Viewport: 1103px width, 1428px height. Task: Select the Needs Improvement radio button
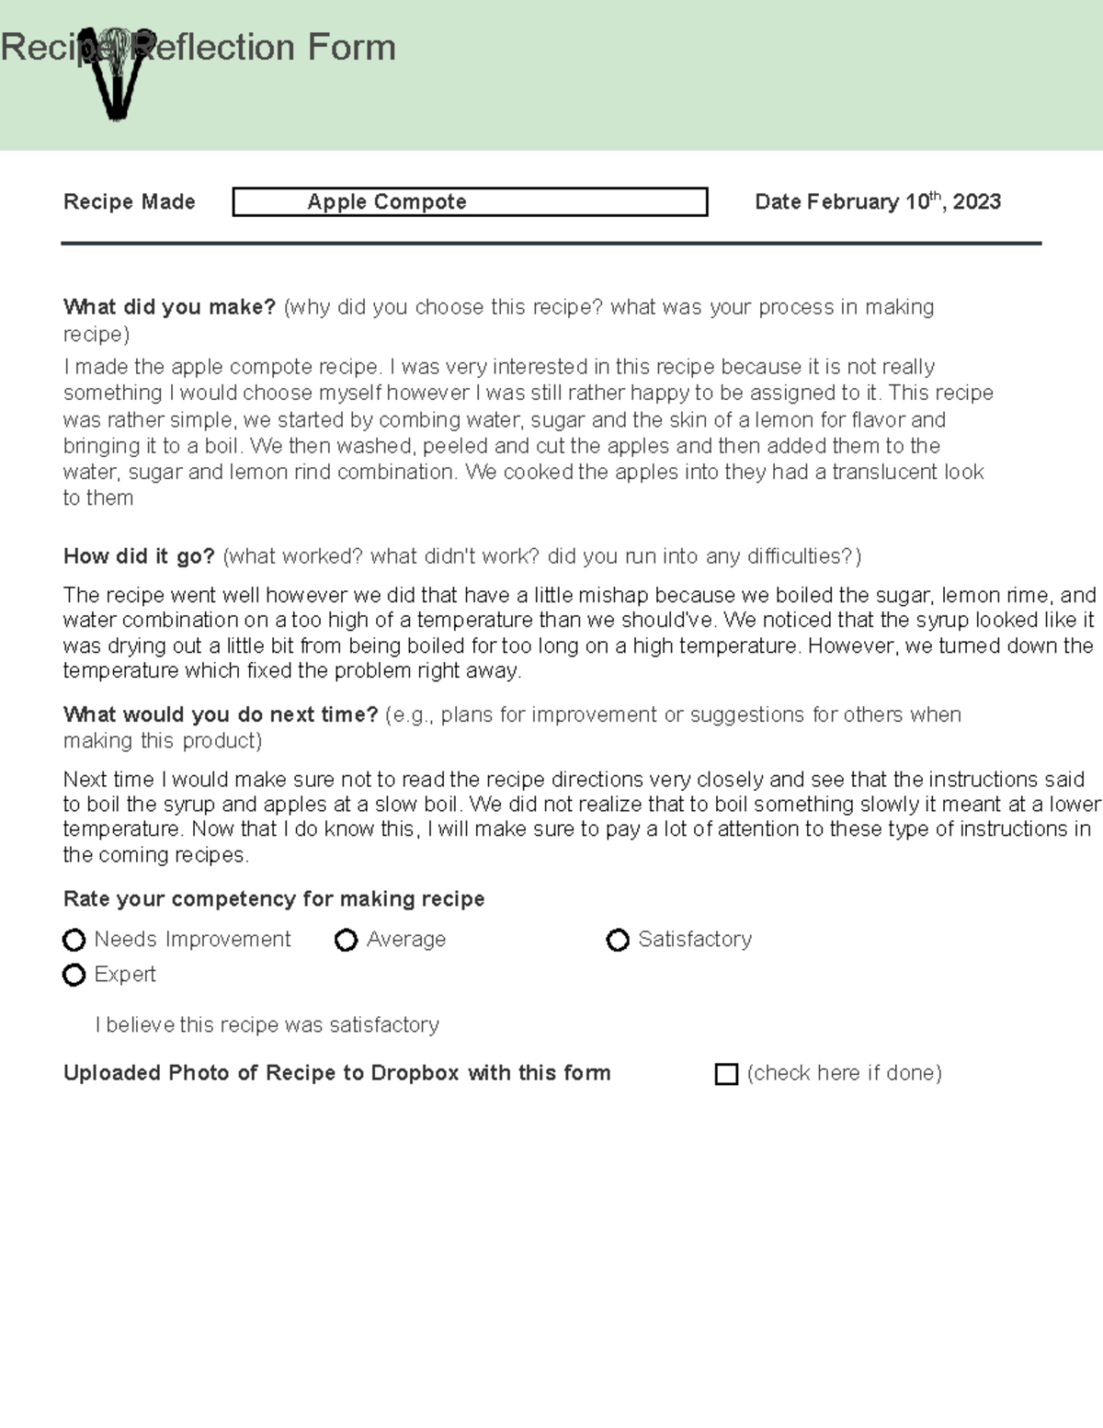74,940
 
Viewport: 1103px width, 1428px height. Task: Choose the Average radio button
347,940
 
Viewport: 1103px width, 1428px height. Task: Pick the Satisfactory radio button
618,940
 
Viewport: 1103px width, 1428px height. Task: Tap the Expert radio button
74,975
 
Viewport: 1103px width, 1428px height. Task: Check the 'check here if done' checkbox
726,1074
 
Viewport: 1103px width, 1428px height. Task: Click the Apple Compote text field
470,202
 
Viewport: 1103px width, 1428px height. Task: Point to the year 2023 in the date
976,202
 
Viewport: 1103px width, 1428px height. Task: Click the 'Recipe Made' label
130,202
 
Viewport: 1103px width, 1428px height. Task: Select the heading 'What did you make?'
169,307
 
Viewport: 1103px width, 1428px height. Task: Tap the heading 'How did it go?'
139,556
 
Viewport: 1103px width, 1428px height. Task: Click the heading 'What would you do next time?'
221,714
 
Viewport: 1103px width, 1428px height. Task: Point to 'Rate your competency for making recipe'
274,898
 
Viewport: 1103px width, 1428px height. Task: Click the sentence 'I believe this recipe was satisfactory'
267,1024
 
